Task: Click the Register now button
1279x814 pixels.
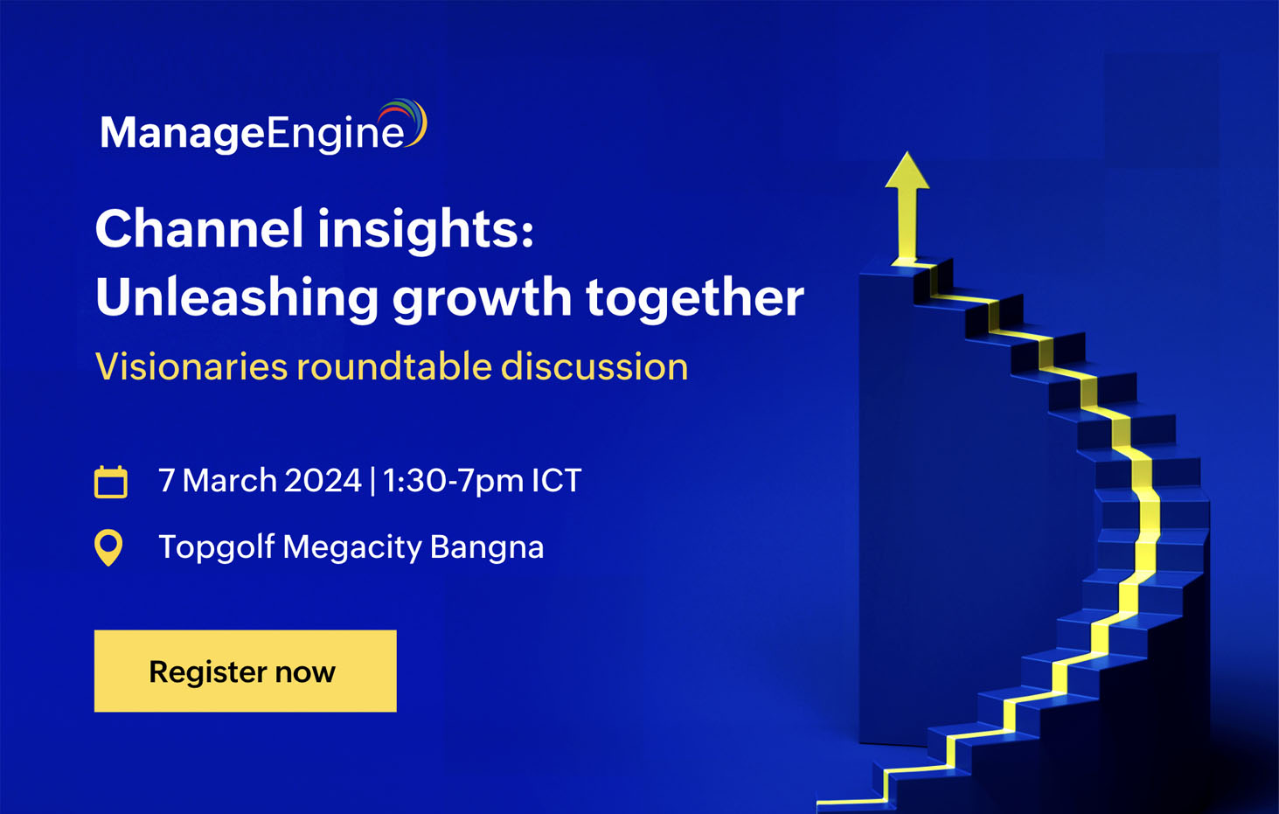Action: (x=245, y=671)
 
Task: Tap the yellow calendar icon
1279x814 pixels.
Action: (x=111, y=482)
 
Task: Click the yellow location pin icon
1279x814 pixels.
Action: (x=108, y=547)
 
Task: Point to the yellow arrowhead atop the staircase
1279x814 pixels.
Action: (x=907, y=172)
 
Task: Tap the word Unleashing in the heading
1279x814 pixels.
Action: (x=236, y=297)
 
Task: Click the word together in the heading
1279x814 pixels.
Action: (x=694, y=297)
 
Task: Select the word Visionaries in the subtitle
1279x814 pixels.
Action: (x=191, y=366)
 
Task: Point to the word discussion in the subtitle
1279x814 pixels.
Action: (x=594, y=366)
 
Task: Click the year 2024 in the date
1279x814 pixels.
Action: (x=323, y=481)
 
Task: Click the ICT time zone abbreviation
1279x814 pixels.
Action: (x=557, y=481)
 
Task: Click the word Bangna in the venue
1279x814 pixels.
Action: (x=487, y=547)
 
